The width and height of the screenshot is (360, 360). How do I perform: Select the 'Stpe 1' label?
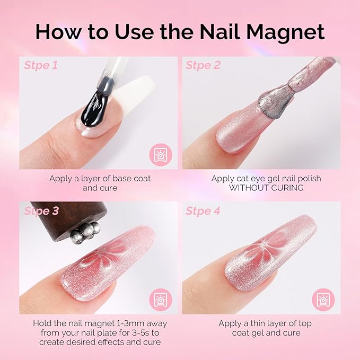tap(40, 66)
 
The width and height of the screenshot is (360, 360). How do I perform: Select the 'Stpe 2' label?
tap(203, 66)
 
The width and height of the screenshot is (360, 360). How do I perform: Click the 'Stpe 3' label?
tap(40, 210)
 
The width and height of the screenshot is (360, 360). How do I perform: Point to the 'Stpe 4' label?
tap(203, 210)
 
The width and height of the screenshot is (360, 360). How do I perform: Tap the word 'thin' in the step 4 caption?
tap(255, 323)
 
